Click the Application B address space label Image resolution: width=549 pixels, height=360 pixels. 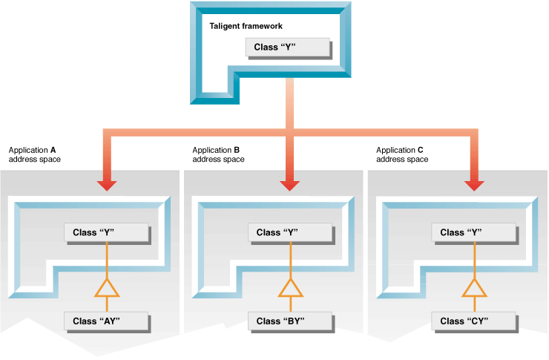[218, 154]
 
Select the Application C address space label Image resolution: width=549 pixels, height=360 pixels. [402, 154]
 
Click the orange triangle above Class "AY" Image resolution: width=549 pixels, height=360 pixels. [108, 288]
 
